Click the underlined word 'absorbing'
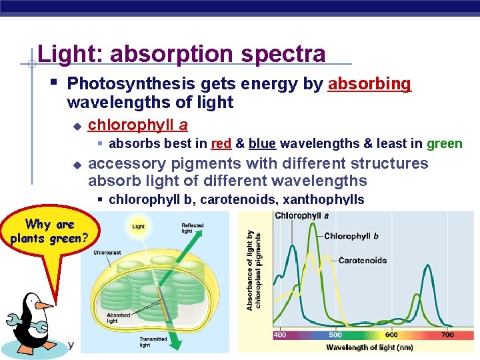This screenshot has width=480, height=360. (369, 84)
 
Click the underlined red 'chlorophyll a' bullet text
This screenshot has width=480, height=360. (137, 125)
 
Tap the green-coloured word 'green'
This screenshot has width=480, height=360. (444, 143)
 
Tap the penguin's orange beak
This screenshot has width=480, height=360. (45, 305)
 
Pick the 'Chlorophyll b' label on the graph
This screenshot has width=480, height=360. (351, 236)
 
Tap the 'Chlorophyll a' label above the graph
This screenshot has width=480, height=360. (301, 216)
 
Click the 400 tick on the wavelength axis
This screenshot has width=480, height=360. (280, 335)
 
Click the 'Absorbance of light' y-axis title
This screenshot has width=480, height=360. (250, 270)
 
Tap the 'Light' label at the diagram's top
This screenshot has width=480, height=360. (138, 227)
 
